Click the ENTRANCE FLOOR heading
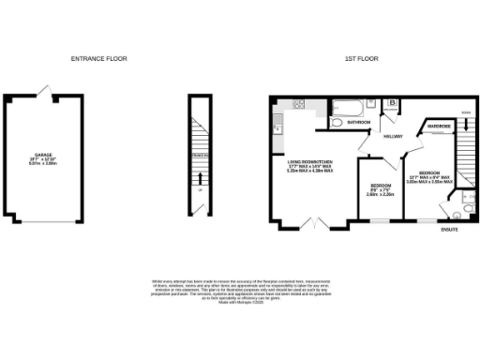pyautogui.click(x=98, y=59)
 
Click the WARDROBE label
pyautogui.click(x=440, y=126)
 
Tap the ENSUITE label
pyautogui.click(x=451, y=231)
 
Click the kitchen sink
pyautogui.click(x=277, y=119)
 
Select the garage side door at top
pyautogui.click(x=43, y=91)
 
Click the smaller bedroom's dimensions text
pyautogui.click(x=380, y=191)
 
